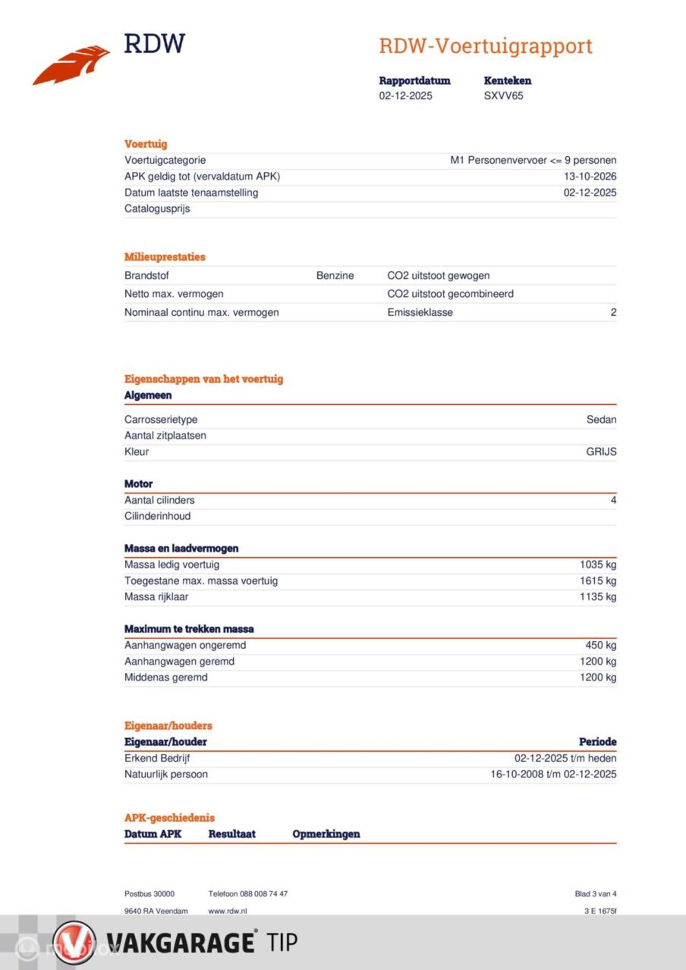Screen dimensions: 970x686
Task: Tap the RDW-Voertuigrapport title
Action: click(x=486, y=46)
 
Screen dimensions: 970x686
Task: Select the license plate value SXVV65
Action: click(x=503, y=96)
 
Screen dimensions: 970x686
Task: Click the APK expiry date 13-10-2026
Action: click(x=590, y=176)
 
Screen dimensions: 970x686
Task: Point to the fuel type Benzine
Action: click(x=335, y=276)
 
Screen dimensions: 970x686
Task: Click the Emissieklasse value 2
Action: click(x=613, y=312)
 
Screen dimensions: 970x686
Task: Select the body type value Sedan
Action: click(x=601, y=420)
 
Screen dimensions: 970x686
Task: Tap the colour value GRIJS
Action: click(x=601, y=452)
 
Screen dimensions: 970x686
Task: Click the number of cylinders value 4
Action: click(x=613, y=500)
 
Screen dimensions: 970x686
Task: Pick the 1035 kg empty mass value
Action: click(x=598, y=564)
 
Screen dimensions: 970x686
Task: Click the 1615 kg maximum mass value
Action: click(x=598, y=581)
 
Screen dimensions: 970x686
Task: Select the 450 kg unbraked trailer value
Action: click(x=600, y=645)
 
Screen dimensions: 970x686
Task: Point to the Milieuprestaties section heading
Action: click(x=165, y=257)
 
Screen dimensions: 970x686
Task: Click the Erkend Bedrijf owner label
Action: click(x=157, y=758)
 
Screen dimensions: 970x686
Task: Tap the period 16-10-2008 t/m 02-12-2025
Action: click(x=553, y=774)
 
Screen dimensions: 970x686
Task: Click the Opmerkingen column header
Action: click(x=326, y=834)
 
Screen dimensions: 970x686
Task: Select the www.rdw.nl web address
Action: click(x=227, y=911)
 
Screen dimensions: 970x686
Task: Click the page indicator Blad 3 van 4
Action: click(x=595, y=894)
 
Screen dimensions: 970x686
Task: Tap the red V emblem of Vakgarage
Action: click(x=74, y=942)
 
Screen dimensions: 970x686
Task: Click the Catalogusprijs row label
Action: click(x=157, y=209)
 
